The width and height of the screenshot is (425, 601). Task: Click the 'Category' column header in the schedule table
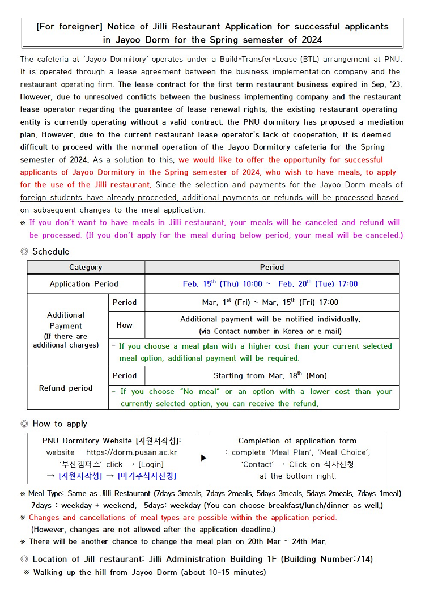click(86, 267)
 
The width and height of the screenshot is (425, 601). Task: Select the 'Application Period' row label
click(84, 284)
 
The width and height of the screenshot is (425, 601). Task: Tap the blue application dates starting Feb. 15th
click(270, 284)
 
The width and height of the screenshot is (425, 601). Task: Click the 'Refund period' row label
click(66, 388)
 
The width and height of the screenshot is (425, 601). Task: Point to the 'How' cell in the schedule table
click(125, 325)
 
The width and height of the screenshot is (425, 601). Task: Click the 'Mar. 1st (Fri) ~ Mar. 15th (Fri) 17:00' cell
click(270, 302)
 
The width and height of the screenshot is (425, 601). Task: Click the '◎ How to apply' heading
click(54, 424)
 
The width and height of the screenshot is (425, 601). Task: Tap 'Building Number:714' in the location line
click(329, 559)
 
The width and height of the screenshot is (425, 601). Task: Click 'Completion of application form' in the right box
click(297, 441)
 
